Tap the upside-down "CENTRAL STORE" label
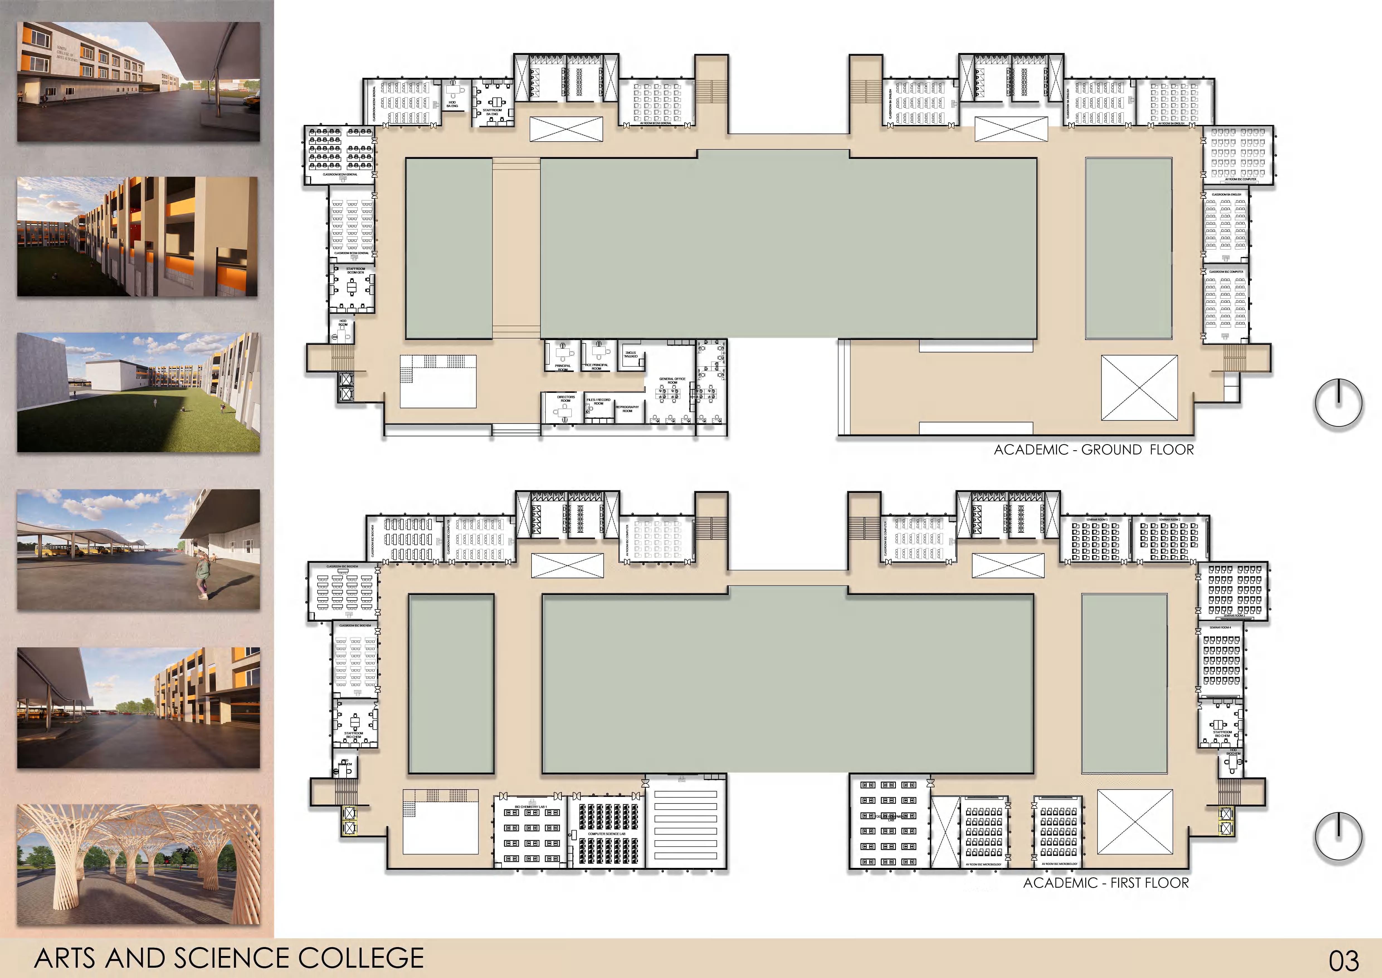[630, 355]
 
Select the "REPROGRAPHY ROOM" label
[627, 409]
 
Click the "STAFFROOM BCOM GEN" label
[355, 270]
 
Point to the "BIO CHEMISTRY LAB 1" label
[530, 806]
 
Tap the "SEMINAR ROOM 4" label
[1220, 628]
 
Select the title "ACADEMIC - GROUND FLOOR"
[1094, 450]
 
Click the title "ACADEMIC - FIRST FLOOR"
[1106, 883]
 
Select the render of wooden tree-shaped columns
[138, 864]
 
